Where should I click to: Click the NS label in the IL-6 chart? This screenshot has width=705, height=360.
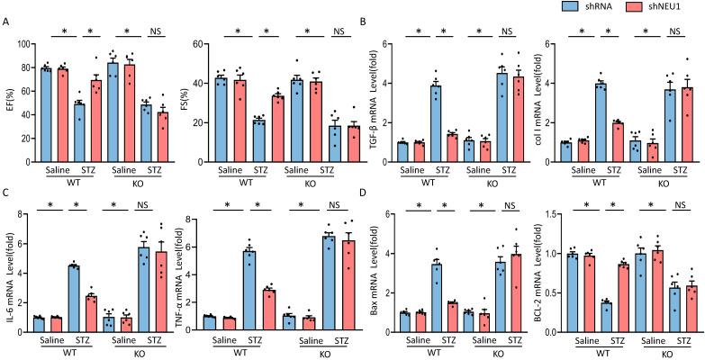coord(153,214)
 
